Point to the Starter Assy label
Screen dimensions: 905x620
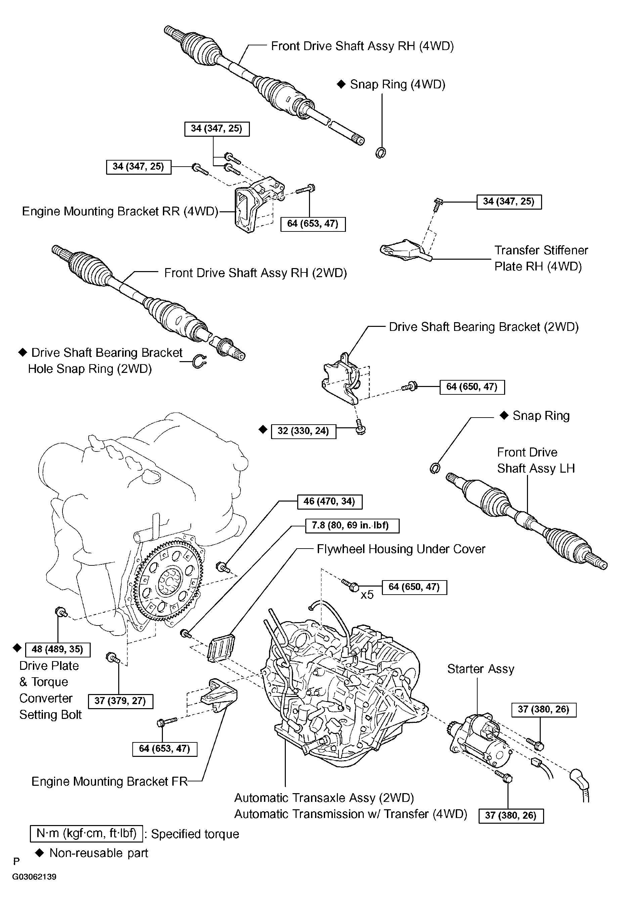pos(480,669)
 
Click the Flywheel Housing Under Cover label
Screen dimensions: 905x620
pos(401,549)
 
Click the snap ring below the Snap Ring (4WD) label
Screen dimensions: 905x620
pos(381,153)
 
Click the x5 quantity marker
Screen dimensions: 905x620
pos(367,595)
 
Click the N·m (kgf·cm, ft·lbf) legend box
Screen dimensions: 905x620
pos(86,833)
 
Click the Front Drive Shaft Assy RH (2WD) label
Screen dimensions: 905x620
pos(255,273)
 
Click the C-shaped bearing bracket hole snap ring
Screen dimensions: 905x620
pos(200,362)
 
